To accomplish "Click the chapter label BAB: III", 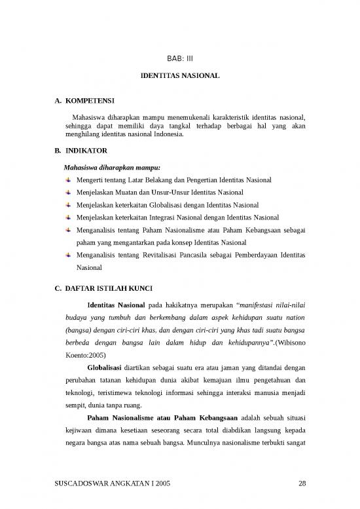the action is pyautogui.click(x=180, y=58).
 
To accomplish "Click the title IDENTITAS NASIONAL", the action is pyautogui.click(x=180, y=77).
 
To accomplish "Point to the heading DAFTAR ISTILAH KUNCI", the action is pyautogui.click(x=111, y=286).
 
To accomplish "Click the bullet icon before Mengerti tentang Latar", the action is pyautogui.click(x=68, y=179).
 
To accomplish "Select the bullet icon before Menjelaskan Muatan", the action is pyautogui.click(x=68, y=192).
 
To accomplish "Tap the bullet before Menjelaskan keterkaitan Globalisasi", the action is pyautogui.click(x=68, y=204).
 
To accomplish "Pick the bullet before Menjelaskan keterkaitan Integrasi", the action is pyautogui.click(x=68, y=217).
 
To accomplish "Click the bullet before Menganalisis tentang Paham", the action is pyautogui.click(x=68, y=230).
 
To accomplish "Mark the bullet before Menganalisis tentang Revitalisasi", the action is pyautogui.click(x=68, y=255).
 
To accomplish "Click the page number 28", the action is pyautogui.click(x=302, y=483).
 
